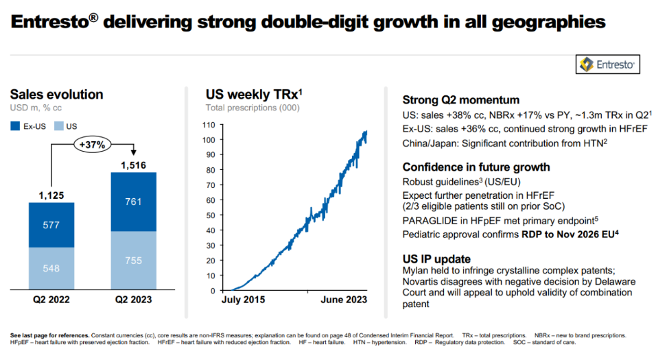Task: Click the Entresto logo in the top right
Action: pos(608,64)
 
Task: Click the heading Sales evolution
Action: pos(56,95)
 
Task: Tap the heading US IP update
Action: pos(436,259)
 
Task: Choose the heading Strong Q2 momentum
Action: pos(460,100)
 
